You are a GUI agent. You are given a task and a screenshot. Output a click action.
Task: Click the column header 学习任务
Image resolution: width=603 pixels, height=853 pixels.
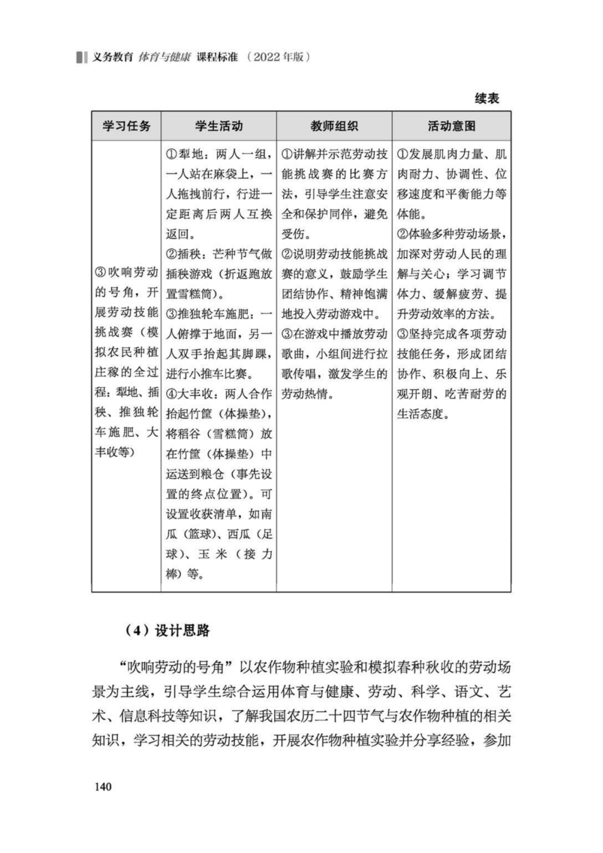[127, 126]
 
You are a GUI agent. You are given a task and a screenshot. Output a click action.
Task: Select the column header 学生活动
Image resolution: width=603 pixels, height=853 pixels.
[219, 126]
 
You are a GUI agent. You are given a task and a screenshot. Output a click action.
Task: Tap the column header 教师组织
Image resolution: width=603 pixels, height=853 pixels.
[334, 126]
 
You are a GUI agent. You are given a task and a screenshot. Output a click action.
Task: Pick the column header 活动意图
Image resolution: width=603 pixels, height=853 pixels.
[451, 126]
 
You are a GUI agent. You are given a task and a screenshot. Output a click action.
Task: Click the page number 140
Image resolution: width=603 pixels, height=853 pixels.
[103, 786]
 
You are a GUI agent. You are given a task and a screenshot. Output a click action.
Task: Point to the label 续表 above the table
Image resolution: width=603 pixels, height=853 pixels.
[486, 98]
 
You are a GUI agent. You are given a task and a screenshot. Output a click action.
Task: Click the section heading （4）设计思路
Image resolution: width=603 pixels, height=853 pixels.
[167, 631]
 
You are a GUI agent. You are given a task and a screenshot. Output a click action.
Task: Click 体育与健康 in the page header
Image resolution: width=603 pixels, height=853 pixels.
[164, 57]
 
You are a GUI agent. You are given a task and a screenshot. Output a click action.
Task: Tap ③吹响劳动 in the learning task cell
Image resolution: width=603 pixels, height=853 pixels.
[127, 273]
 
